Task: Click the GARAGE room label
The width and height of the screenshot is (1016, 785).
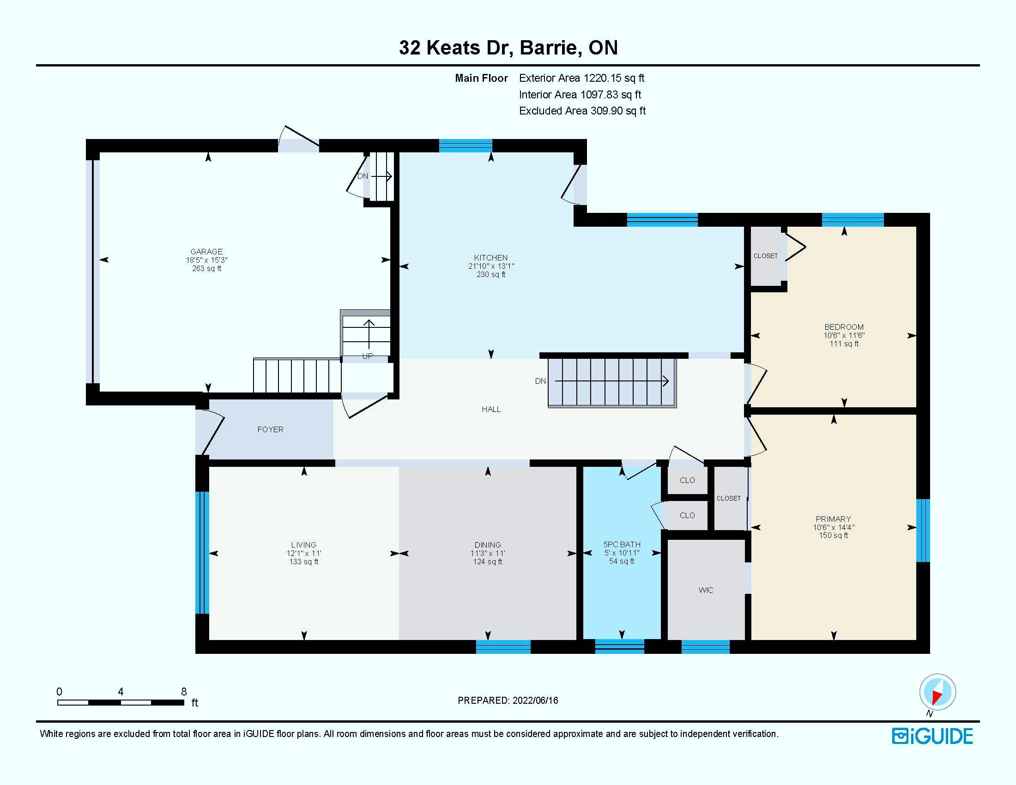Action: [x=206, y=252]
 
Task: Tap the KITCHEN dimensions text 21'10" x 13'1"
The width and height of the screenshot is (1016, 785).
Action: [x=491, y=266]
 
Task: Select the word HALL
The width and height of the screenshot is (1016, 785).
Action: [x=491, y=409]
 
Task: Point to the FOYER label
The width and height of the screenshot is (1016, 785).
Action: [x=270, y=430]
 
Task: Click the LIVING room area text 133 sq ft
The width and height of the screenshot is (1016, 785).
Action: [x=304, y=562]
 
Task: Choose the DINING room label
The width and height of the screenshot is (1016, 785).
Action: [x=488, y=545]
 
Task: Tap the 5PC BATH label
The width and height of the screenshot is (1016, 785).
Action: [x=622, y=544]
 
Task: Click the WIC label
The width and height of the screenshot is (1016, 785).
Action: [x=706, y=590]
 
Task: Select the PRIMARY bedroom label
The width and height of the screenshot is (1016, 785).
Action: [x=833, y=519]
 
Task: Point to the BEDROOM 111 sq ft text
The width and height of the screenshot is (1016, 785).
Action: [x=844, y=344]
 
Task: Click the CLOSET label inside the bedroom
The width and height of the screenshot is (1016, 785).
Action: [x=765, y=256]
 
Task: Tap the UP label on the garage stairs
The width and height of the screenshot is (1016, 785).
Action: [x=368, y=356]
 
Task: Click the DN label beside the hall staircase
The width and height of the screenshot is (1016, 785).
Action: [x=540, y=381]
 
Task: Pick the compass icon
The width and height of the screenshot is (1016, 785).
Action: [x=937, y=692]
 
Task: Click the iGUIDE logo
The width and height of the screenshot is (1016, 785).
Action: [x=932, y=736]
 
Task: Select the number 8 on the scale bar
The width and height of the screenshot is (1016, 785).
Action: [x=184, y=692]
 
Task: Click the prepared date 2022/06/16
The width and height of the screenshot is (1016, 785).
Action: [x=535, y=700]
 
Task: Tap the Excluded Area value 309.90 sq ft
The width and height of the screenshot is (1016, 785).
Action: [x=618, y=111]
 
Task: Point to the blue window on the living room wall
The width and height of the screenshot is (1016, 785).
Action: [x=202, y=552]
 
